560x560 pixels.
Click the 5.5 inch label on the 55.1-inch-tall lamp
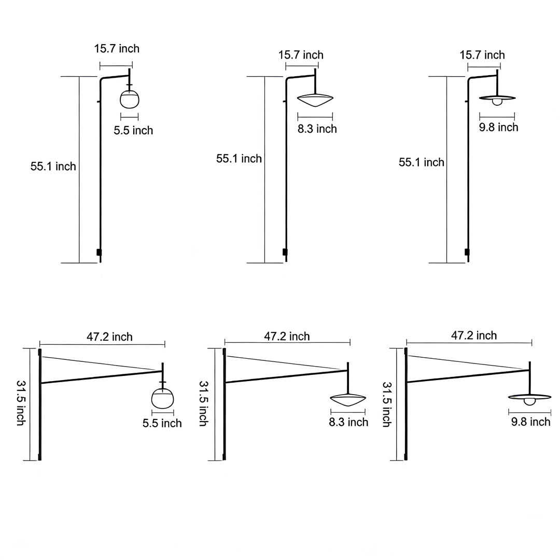(x=133, y=130)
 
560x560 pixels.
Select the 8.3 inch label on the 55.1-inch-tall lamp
(x=317, y=129)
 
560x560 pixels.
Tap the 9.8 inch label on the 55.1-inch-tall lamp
(x=499, y=127)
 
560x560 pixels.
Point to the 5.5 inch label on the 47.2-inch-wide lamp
(x=162, y=423)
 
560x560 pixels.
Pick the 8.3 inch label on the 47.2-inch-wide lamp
(x=348, y=422)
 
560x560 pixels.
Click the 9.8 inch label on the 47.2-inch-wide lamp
(x=530, y=422)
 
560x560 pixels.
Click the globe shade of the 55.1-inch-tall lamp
(x=130, y=99)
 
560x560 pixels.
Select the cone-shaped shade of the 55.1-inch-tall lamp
(x=315, y=100)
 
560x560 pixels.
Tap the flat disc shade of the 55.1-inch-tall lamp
(x=498, y=98)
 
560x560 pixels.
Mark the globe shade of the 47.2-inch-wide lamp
(x=162, y=398)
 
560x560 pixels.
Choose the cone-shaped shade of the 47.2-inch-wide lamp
(x=348, y=399)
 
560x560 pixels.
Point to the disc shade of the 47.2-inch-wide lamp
(x=529, y=398)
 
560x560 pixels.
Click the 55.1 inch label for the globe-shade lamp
(x=53, y=166)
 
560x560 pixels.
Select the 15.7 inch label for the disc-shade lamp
(x=482, y=55)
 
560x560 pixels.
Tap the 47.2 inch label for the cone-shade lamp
(x=287, y=336)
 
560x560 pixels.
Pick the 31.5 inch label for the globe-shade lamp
(x=21, y=403)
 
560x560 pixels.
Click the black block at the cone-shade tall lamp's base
(x=284, y=252)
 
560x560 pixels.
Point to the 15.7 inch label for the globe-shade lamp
(x=117, y=49)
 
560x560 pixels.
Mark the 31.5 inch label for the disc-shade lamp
(x=387, y=404)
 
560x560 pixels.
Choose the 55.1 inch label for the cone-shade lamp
(x=239, y=159)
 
